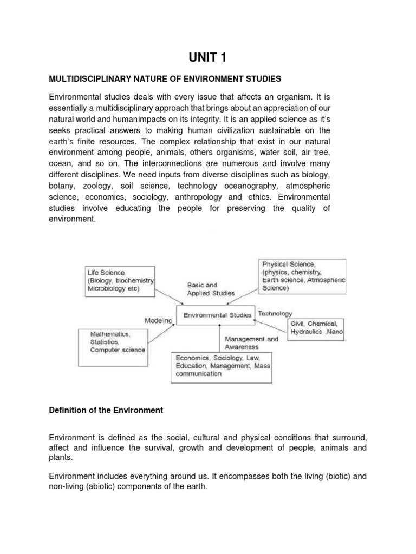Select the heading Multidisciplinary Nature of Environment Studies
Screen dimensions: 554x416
[165, 79]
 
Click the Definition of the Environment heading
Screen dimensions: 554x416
[106, 410]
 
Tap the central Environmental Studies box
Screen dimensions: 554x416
[218, 315]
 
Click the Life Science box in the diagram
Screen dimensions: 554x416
[120, 281]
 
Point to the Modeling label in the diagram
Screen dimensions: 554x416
[158, 321]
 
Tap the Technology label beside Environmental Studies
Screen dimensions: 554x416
[275, 313]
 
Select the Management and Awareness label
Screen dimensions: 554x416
[251, 343]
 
